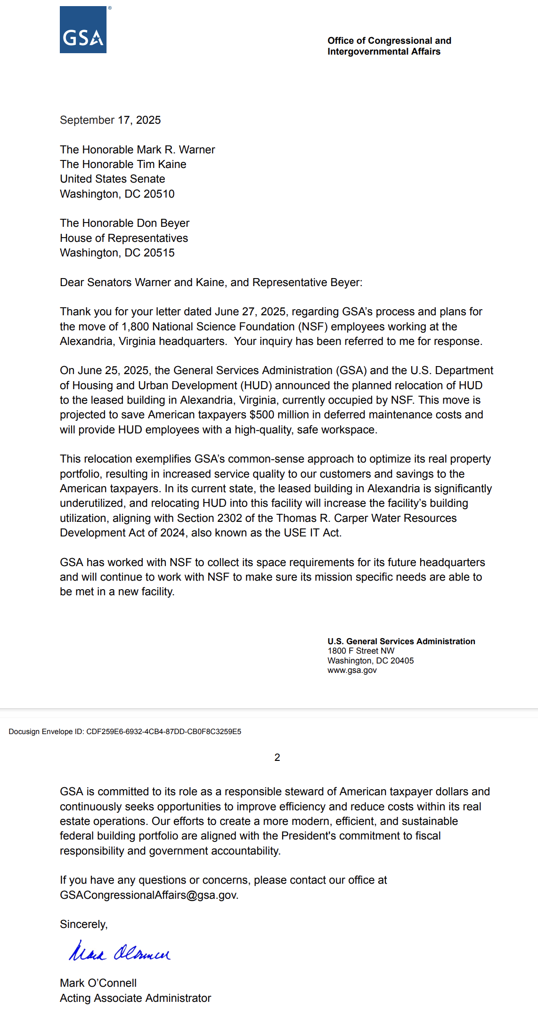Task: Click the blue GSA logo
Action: pos(83,30)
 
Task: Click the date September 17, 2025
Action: pos(110,120)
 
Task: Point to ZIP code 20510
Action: pos(159,194)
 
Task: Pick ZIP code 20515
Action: pos(159,253)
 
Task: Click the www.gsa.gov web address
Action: pos(352,670)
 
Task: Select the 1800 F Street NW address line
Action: pos(361,651)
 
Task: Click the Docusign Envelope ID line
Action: pos(125,731)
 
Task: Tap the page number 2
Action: pos(277,757)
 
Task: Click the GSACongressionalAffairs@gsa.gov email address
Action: pos(148,895)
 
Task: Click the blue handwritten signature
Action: pos(120,952)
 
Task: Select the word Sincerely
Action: pos(83,924)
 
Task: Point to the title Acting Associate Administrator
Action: pos(135,998)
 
